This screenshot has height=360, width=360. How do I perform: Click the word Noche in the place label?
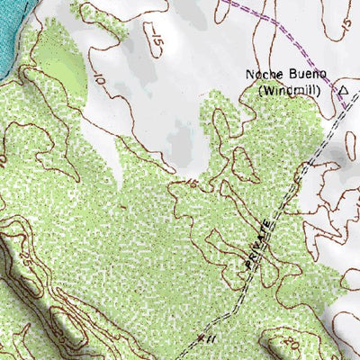pyautogui.click(x=260, y=75)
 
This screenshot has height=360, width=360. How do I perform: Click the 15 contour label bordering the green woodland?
pyautogui.click(x=190, y=184)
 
